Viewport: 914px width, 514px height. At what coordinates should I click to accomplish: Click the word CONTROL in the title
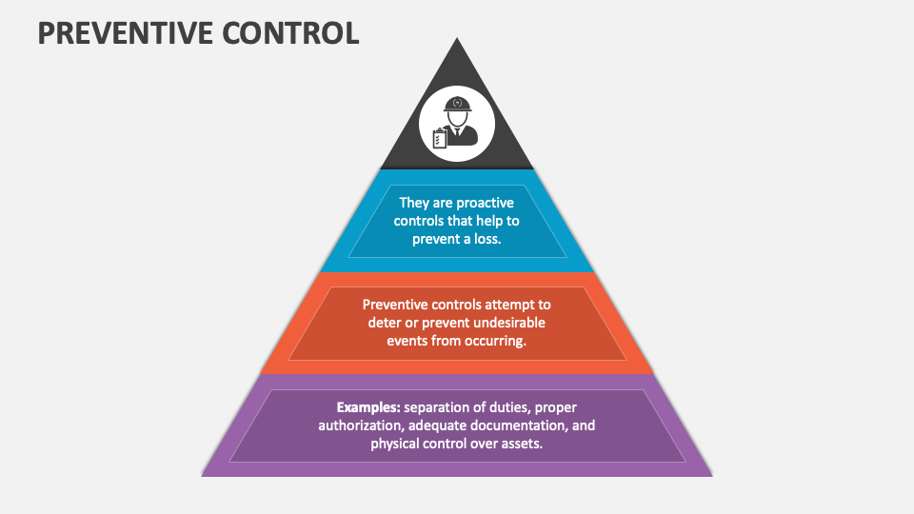coord(290,33)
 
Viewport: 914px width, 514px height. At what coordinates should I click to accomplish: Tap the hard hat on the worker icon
coord(458,105)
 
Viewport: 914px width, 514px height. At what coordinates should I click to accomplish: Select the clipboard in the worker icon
coord(440,139)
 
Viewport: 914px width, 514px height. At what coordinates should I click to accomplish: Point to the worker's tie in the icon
coord(458,131)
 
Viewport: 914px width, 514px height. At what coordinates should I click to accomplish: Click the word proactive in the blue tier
coord(485,203)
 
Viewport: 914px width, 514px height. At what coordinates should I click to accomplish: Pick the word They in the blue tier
coord(414,203)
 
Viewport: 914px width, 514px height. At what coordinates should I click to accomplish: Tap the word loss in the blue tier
coord(487,239)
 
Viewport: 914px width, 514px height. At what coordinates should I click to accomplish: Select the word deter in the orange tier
coord(384,323)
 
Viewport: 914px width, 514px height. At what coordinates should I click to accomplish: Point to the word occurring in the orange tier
coord(495,341)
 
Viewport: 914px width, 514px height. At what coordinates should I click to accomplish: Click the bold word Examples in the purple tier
coord(368,407)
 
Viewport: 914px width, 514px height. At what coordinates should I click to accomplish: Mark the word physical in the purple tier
coord(394,444)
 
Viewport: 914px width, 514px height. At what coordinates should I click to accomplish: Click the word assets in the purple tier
coord(525,444)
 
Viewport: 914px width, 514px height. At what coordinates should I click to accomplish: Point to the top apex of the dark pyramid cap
coord(457,38)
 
